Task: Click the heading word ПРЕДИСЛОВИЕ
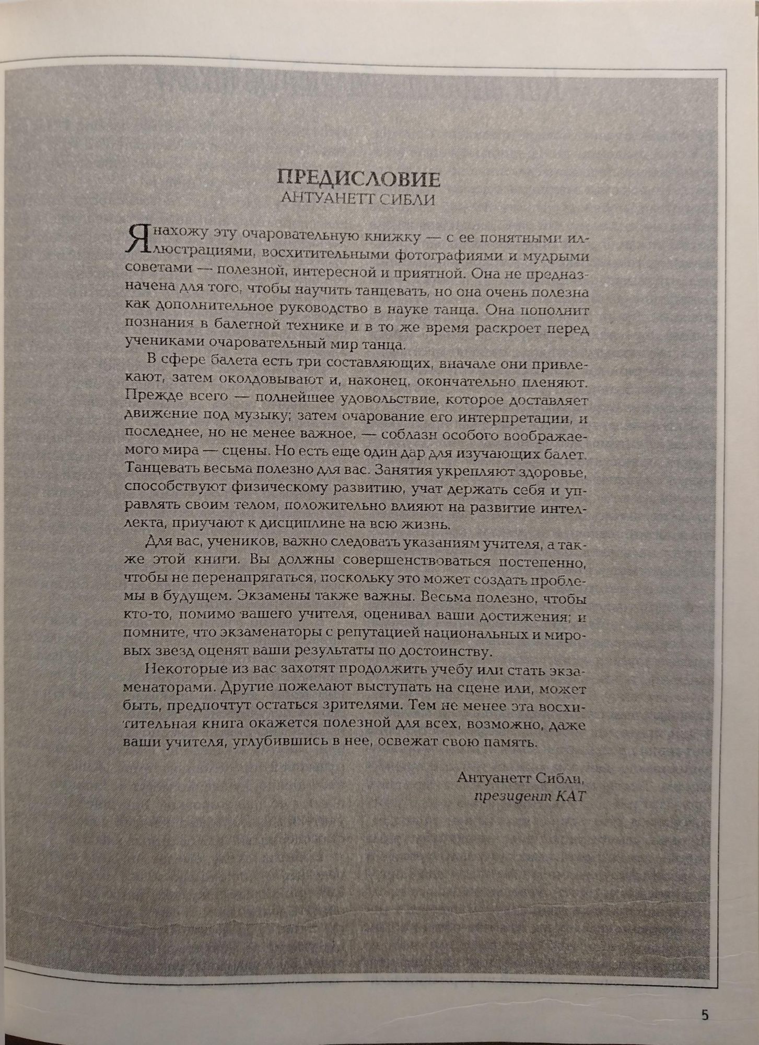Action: [x=358, y=179]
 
